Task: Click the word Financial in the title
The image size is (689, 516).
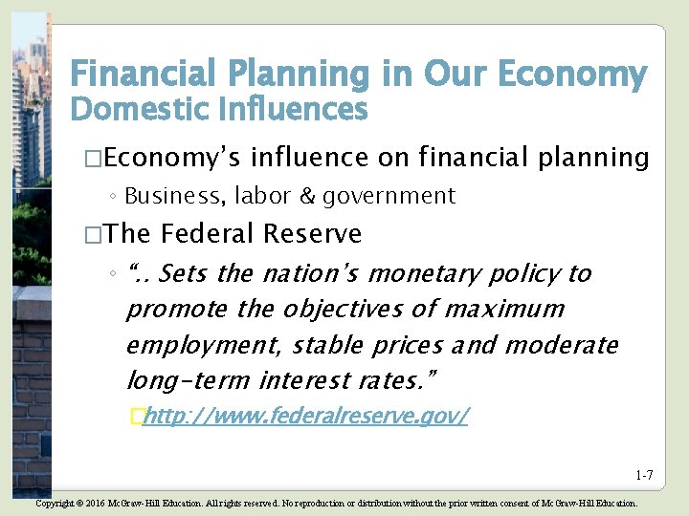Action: [131, 74]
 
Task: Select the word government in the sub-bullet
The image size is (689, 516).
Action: [389, 196]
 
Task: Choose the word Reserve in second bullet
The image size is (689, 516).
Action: [312, 233]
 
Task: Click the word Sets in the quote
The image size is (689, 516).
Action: [184, 274]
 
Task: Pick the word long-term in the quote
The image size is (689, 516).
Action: [189, 380]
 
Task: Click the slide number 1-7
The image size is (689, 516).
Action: [643, 476]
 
